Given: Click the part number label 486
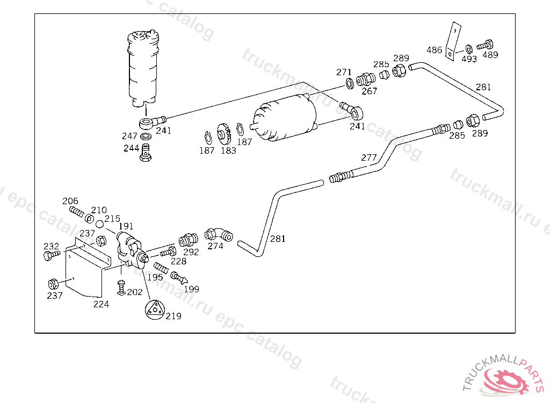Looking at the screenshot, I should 435,50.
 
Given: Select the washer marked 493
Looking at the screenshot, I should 469,49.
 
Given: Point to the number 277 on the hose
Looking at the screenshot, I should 369,157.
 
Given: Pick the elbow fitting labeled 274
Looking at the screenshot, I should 219,234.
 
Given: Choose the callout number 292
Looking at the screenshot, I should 191,251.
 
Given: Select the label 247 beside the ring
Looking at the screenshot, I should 130,136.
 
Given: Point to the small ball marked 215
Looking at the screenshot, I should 100,224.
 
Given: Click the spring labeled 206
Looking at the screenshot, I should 77,212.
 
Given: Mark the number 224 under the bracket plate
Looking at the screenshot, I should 101,304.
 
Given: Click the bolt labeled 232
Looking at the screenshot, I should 48,256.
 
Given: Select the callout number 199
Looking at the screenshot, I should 191,289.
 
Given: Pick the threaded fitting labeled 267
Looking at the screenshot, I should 365,80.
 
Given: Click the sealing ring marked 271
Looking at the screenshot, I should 349,83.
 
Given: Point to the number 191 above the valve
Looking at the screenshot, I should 126,226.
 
